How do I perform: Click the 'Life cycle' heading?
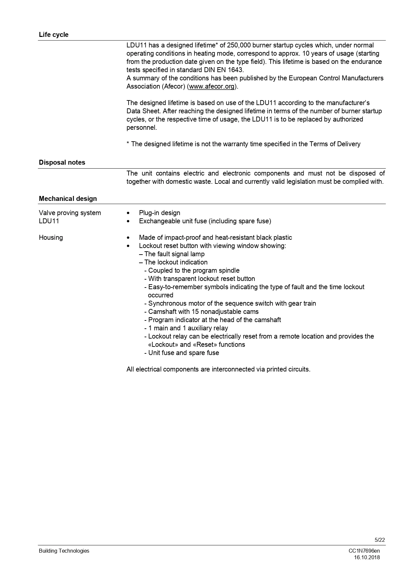pyautogui.click(x=54, y=35)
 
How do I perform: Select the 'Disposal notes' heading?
pyautogui.click(x=62, y=162)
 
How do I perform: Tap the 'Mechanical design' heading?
pyautogui.click(x=68, y=199)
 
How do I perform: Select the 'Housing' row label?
pyautogui.click(x=51, y=237)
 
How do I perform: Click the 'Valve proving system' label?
pyautogui.click(x=70, y=213)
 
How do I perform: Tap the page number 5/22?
pyautogui.click(x=380, y=540)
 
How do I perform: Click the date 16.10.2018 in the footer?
pyautogui.click(x=367, y=558)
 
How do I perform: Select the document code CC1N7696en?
pyautogui.click(x=364, y=551)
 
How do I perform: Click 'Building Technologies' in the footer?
pyautogui.click(x=64, y=551)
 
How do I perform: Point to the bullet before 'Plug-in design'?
pyautogui.click(x=128, y=213)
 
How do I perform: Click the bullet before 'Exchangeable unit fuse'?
pyautogui.click(x=128, y=221)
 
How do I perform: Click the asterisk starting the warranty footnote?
pyautogui.click(x=128, y=144)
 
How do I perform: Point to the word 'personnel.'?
pyautogui.click(x=142, y=128)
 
